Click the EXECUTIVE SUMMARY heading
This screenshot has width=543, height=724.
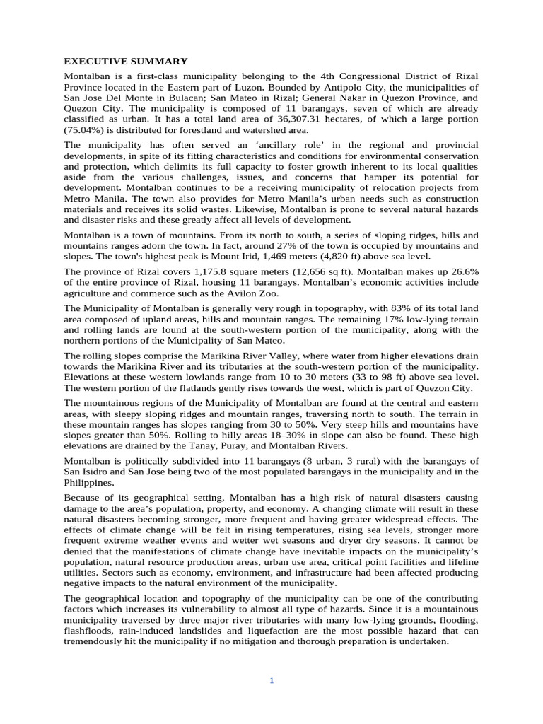pos(126,62)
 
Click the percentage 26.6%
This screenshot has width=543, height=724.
pos(463,271)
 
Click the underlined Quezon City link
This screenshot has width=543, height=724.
pos(443,388)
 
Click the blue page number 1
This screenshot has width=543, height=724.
pos(271,680)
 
